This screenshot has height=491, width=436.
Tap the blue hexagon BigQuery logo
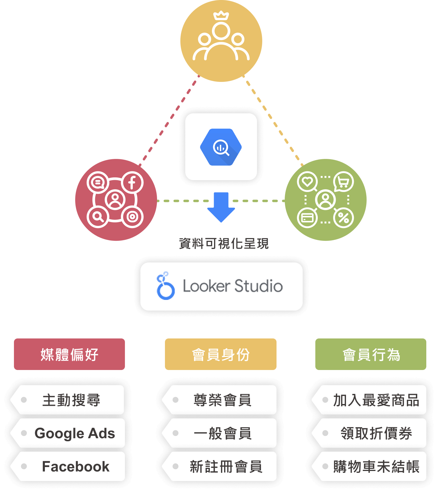click(221, 147)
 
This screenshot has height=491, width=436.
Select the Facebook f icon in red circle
click(132, 183)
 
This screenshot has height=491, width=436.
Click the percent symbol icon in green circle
click(344, 217)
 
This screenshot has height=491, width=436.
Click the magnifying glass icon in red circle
click(98, 217)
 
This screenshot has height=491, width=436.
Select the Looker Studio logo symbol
click(165, 286)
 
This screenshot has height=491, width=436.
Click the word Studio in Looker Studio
click(258, 286)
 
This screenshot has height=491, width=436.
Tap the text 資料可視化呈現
click(223, 244)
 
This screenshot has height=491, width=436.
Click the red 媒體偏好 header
click(69, 354)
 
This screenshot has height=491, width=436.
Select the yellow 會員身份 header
click(221, 354)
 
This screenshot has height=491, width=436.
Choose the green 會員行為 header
click(371, 354)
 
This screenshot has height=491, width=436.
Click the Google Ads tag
click(75, 433)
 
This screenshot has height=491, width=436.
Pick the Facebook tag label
click(75, 466)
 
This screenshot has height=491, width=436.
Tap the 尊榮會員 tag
click(222, 400)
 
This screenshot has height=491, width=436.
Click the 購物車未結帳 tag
click(376, 466)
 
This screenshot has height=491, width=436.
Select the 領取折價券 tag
click(376, 433)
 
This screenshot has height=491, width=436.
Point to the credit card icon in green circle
click(307, 217)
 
